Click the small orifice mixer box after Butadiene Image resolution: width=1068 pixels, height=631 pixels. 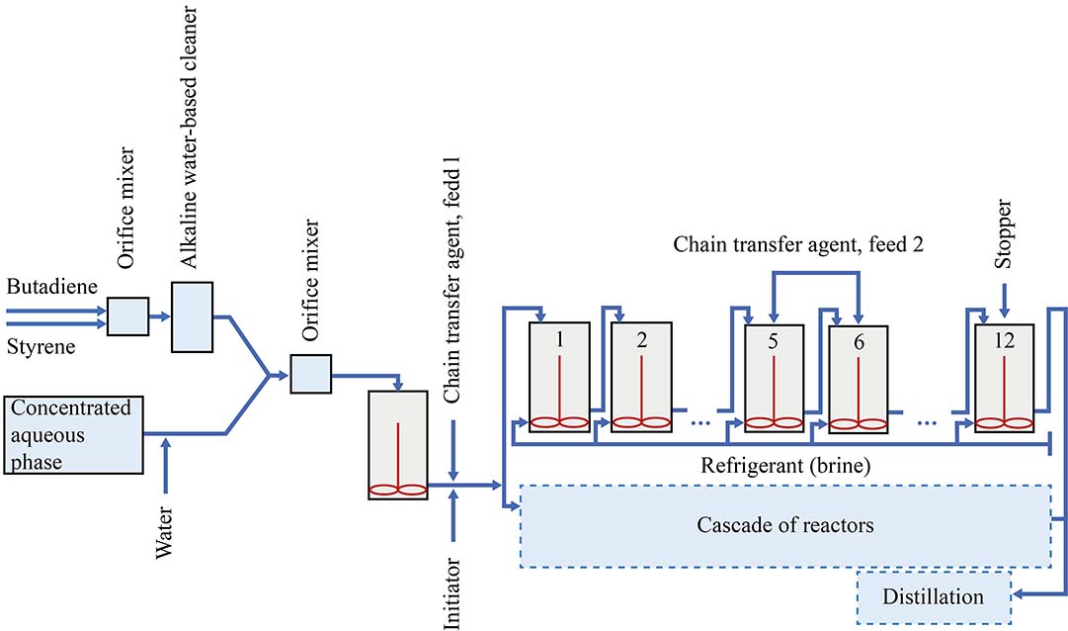pos(126,316)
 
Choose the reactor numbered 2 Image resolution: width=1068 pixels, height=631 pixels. pos(641,377)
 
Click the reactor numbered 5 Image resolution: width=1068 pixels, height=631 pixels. pos(774,377)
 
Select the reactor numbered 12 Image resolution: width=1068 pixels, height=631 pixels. pos(1005,377)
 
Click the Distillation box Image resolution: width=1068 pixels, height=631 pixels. pos(934,596)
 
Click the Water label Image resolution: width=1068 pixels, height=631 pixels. pos(166,533)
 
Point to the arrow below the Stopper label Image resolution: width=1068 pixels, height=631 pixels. pos(1005,297)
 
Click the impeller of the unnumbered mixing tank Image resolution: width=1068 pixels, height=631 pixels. pos(397,489)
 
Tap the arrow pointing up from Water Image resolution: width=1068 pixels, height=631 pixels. pos(166,455)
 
